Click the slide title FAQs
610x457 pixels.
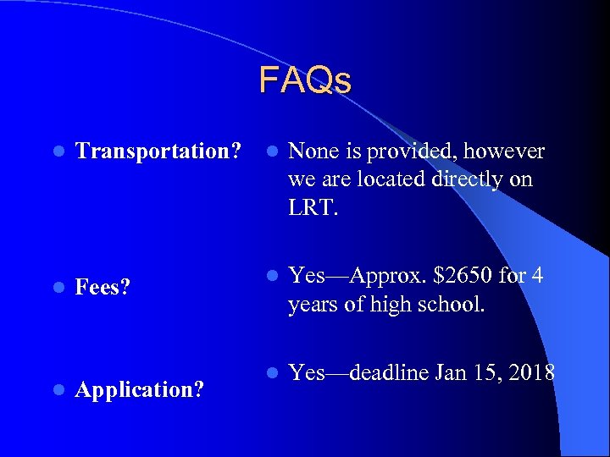coord(305,81)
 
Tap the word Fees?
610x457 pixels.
coord(103,288)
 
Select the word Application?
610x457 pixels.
coord(139,390)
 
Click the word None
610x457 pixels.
coord(312,151)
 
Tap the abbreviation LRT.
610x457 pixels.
coord(313,207)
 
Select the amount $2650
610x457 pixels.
coord(463,277)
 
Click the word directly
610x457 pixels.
coord(469,180)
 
